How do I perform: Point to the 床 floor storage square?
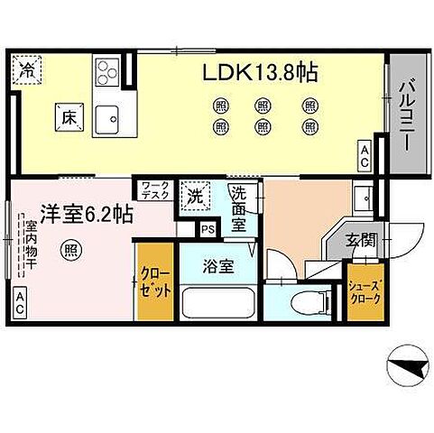tap(68, 115)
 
